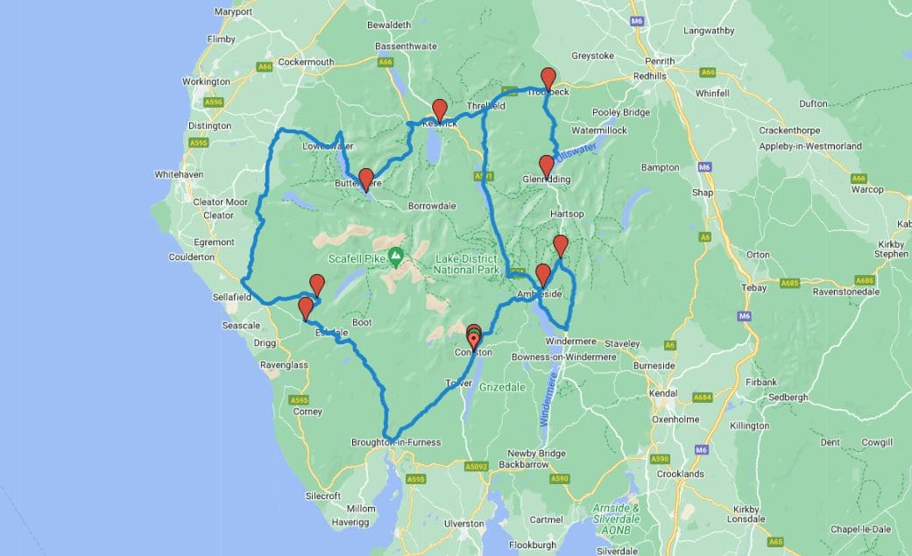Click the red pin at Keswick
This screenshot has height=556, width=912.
pyautogui.click(x=440, y=109)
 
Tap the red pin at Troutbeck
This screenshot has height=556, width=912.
pyautogui.click(x=548, y=78)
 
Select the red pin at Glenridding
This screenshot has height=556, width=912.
pyautogui.click(x=547, y=165)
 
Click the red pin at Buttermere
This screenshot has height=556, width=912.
pyautogui.click(x=366, y=178)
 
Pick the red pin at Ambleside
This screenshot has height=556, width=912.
pyautogui.click(x=542, y=274)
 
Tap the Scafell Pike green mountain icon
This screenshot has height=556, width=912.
pyautogui.click(x=396, y=257)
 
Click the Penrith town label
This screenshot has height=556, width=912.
pyautogui.click(x=660, y=61)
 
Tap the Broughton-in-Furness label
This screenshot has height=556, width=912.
pyautogui.click(x=395, y=442)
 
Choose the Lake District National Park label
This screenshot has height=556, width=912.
pyautogui.click(x=467, y=264)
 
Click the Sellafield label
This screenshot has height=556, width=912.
pyautogui.click(x=231, y=298)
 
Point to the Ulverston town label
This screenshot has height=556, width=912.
pyautogui.click(x=464, y=523)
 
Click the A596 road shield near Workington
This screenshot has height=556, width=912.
pyautogui.click(x=213, y=103)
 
